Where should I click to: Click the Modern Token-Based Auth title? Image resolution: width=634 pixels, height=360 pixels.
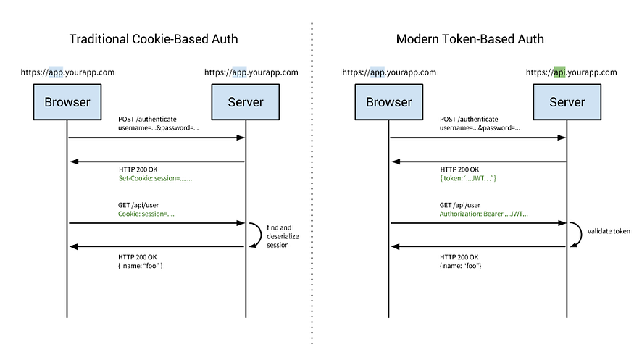[x=470, y=39]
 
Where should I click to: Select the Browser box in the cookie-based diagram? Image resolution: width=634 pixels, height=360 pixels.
[x=67, y=101]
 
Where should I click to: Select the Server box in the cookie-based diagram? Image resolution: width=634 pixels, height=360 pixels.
[x=246, y=101]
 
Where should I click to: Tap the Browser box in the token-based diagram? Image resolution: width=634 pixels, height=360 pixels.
[x=388, y=101]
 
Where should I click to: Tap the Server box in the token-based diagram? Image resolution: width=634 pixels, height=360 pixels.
[x=567, y=101]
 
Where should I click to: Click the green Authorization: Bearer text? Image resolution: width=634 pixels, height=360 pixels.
[x=483, y=214]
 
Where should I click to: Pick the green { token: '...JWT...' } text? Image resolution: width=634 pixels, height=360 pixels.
[x=467, y=177]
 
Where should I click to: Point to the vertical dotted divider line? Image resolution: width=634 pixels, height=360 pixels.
[x=313, y=181]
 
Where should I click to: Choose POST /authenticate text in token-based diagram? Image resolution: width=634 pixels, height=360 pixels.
[x=469, y=119]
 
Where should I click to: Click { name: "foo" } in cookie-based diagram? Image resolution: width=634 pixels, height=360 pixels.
[x=141, y=267]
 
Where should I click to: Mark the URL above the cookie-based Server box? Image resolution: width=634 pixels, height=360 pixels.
[x=251, y=72]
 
